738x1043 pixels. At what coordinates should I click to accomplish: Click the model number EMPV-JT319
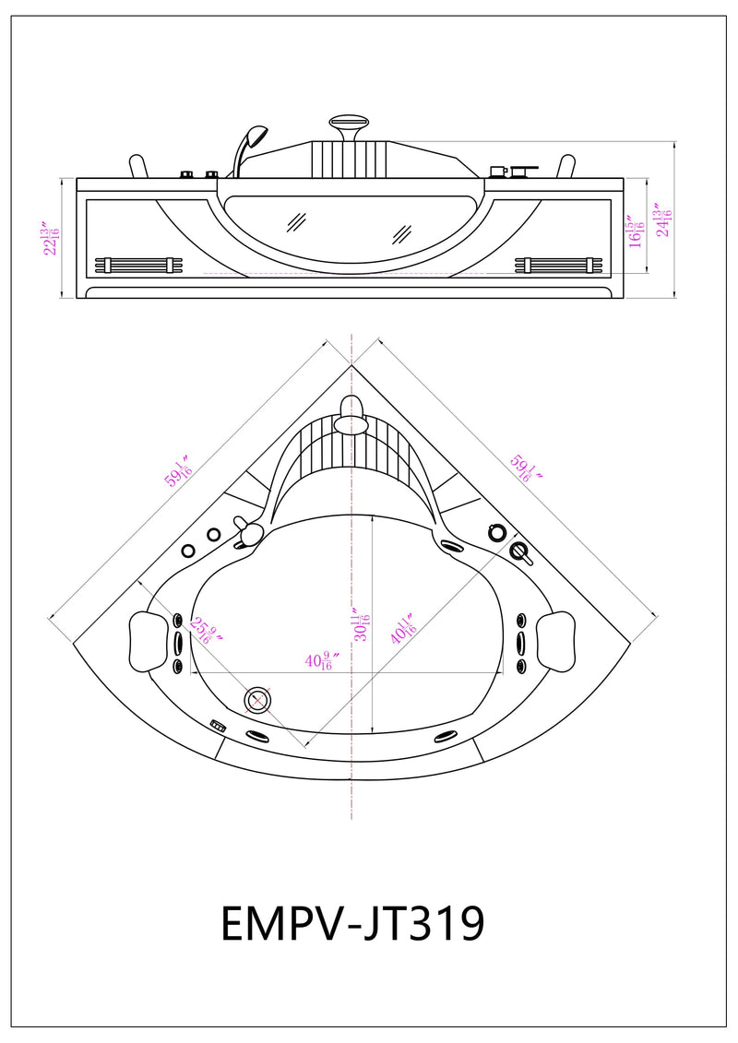(352, 922)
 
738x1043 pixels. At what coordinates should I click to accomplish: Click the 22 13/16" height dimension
(49, 237)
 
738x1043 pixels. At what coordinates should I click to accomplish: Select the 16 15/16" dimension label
(635, 232)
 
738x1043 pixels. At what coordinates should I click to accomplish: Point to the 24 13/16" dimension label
(662, 221)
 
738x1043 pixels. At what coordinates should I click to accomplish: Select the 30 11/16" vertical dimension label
(362, 622)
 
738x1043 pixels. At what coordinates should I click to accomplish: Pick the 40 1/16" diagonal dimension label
(403, 631)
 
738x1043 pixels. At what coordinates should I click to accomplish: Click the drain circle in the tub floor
(257, 701)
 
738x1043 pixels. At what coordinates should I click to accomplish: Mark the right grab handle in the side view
(565, 166)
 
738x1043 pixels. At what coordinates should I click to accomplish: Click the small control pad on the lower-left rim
(219, 726)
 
